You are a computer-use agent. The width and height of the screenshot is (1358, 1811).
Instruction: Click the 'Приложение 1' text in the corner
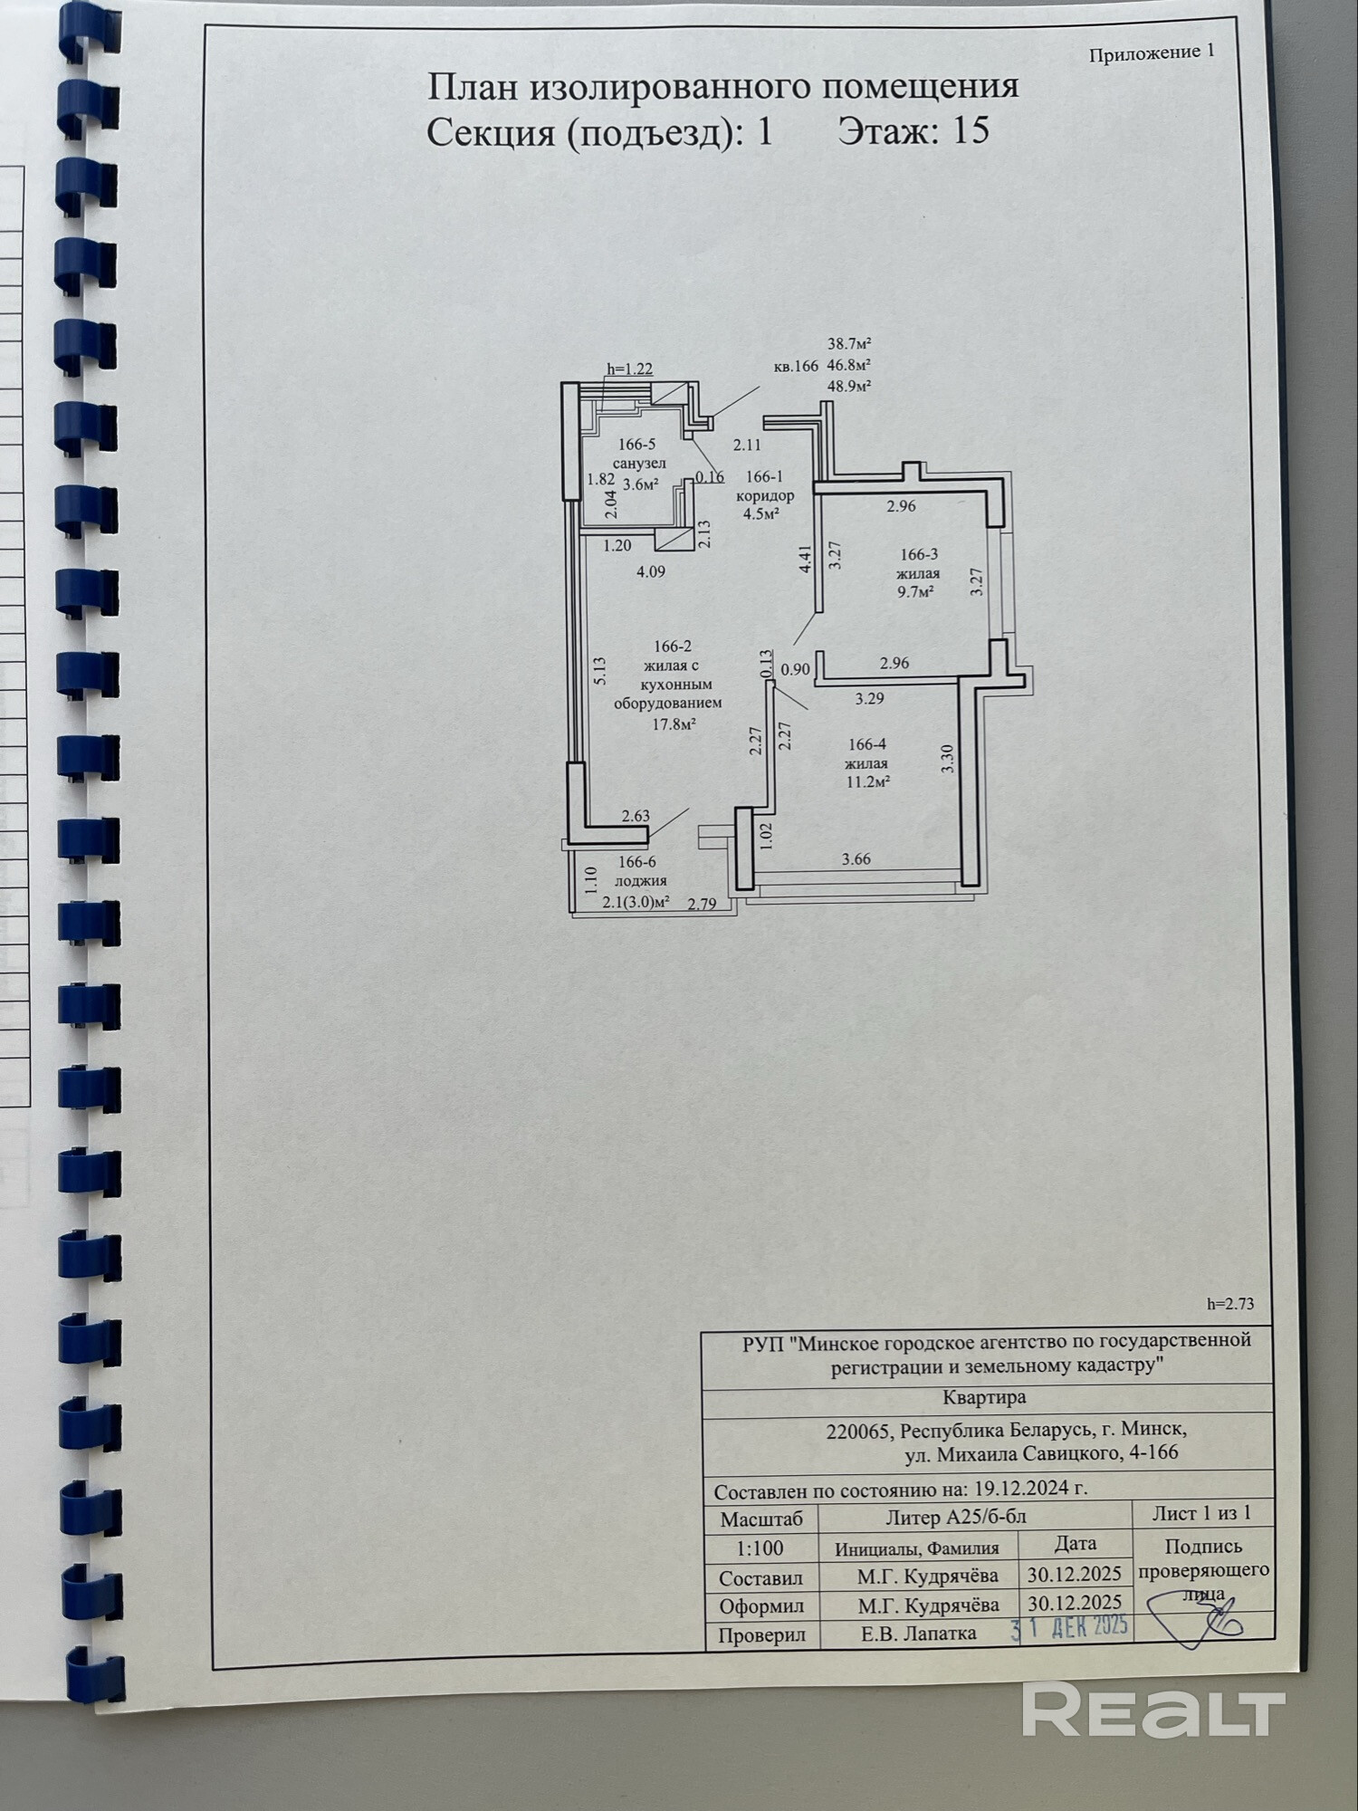click(x=1152, y=53)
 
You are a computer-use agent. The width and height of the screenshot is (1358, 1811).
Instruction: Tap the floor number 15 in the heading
click(x=971, y=132)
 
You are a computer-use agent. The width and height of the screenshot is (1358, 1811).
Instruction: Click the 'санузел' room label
click(x=639, y=464)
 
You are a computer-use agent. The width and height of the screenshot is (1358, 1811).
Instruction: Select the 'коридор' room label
click(x=765, y=495)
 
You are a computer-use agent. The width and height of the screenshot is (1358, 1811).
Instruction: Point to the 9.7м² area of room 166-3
click(x=916, y=591)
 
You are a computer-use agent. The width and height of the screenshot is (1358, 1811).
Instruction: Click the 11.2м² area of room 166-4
click(x=867, y=781)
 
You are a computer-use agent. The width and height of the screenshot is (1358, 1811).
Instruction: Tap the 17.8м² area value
click(x=674, y=723)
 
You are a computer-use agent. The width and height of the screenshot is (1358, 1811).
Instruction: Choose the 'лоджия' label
click(x=640, y=880)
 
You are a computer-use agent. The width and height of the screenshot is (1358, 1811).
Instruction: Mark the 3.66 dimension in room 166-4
click(x=856, y=858)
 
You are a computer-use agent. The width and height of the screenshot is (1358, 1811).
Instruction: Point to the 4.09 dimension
click(x=651, y=571)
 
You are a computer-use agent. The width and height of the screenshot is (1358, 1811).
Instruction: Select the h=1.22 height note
click(x=629, y=369)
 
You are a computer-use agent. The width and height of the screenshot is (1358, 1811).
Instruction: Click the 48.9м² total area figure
click(x=849, y=386)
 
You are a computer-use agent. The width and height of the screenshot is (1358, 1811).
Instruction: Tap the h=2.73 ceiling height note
click(x=1230, y=1304)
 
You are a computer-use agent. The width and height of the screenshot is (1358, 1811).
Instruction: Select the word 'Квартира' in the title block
click(x=984, y=1396)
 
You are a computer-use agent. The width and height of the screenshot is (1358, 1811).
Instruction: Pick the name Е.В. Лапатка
click(x=918, y=1633)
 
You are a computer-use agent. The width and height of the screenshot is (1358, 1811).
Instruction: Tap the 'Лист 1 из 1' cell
click(x=1201, y=1513)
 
